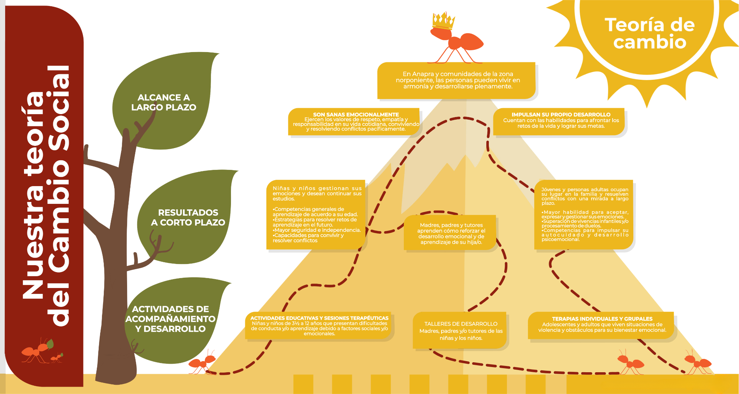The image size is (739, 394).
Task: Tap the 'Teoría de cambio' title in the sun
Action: click(650, 33)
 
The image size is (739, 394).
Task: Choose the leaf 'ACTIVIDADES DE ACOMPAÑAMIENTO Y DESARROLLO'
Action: click(174, 320)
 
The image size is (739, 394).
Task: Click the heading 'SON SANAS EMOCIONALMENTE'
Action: click(356, 114)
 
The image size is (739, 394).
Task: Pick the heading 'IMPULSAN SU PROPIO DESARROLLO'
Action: click(561, 114)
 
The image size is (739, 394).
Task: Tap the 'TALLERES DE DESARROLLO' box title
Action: click(461, 324)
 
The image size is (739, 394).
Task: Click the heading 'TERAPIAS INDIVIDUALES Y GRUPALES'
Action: click(602, 319)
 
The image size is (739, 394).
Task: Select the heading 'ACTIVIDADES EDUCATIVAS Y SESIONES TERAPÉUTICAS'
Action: click(319, 318)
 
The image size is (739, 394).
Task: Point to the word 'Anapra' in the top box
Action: click(422, 74)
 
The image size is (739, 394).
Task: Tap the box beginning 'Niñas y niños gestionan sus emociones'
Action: click(316, 215)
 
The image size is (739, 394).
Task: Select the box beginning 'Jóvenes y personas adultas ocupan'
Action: click(584, 215)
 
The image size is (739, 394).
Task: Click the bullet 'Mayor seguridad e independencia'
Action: click(317, 230)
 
